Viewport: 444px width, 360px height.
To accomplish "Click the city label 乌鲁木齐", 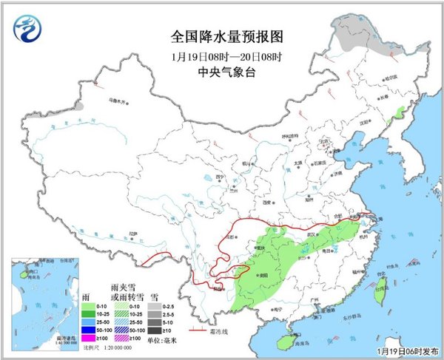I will coord(109,98).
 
